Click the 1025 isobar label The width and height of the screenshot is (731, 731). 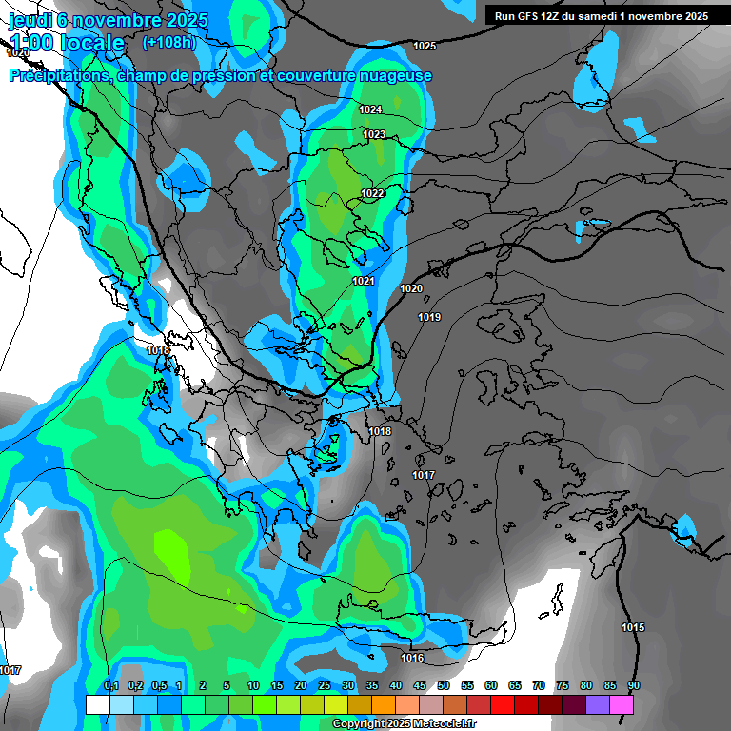pos(425,46)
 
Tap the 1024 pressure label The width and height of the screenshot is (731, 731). pos(371,109)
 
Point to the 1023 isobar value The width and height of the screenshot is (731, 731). pos(374,134)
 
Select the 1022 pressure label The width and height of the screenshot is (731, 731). pos(372,193)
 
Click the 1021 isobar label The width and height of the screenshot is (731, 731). pos(364,281)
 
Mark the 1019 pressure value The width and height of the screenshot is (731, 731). pos(429,317)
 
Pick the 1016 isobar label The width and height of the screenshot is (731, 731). pos(412,658)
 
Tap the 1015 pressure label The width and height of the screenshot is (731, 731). pos(633,626)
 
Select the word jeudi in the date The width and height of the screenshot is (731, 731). pos(29,19)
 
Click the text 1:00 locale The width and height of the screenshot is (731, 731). pos(67,43)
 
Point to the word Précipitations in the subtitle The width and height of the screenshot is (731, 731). pos(58,76)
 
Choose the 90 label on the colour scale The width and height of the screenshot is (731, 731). pos(634,685)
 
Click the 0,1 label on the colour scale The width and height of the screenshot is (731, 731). pos(111,685)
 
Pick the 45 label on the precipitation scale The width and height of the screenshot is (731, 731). pos(420,685)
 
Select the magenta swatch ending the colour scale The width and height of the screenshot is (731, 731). pos(622,704)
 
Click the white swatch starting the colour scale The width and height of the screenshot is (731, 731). pos(97,704)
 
